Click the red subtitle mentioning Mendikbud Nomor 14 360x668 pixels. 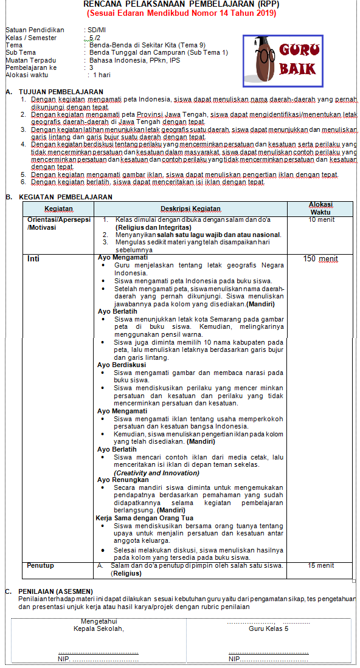point(181,13)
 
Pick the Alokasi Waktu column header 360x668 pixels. point(320,208)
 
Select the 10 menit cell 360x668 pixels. point(320,219)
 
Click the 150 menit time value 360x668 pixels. point(320,258)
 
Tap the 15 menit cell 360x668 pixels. point(320,565)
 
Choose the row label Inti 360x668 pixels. point(33,258)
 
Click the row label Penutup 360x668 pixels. point(40,565)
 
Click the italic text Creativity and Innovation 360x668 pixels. point(156,472)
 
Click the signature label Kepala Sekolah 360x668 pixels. point(99,628)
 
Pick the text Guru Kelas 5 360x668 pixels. point(268,628)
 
